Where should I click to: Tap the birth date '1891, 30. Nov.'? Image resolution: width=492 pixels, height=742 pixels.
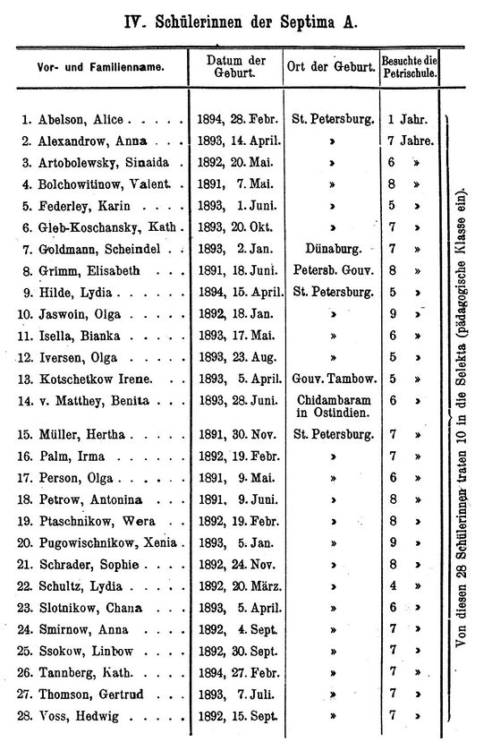coord(237,434)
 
